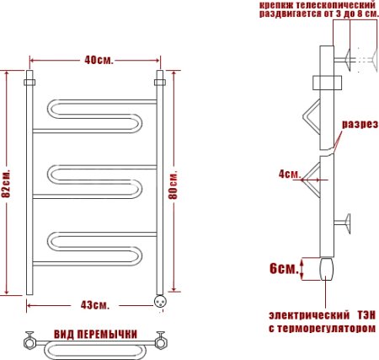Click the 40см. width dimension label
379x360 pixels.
point(95,60)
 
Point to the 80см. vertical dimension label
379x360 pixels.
point(174,182)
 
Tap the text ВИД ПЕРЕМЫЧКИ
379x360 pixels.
point(95,334)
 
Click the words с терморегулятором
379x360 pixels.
point(318,329)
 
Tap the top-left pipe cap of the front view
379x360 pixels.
point(29,83)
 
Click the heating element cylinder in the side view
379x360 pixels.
point(327,270)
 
